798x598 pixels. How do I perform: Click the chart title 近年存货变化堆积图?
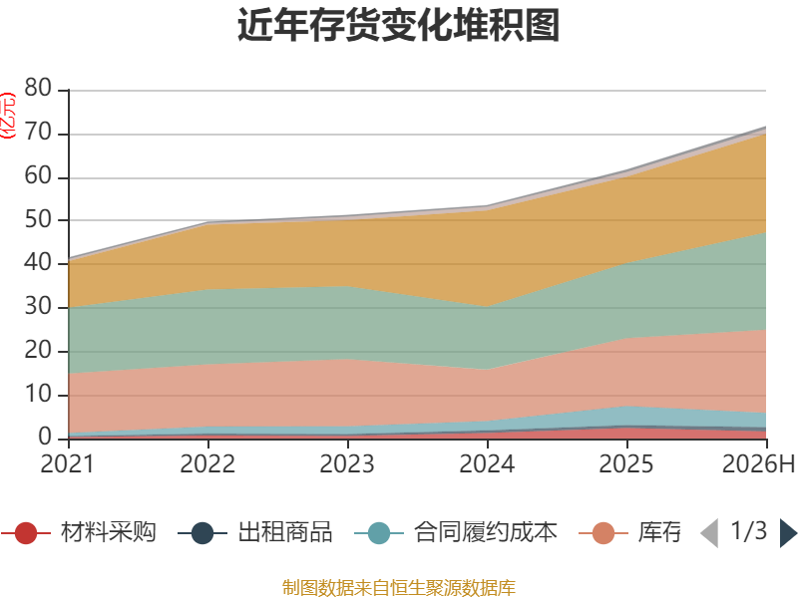coord(398,25)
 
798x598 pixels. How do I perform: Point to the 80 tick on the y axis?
coord(38,88)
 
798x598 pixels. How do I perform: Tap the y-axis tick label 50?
coord(38,219)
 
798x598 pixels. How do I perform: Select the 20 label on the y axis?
coord(38,351)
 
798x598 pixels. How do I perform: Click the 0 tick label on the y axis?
coord(45,438)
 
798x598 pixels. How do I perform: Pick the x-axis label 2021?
coord(67,463)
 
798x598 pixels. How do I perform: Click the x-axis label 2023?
coord(346,463)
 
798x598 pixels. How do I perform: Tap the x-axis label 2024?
coord(487,463)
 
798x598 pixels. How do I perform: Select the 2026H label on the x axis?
coord(758,463)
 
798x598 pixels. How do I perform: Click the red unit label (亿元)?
coord(8,116)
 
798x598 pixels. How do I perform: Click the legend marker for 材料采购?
coord(26,533)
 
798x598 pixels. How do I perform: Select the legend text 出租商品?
coord(285,532)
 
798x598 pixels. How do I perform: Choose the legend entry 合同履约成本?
coord(456,532)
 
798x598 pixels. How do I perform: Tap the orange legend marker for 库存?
coord(603,533)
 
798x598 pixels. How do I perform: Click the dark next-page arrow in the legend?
coord(788,533)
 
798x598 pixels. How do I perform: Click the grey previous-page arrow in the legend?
coord(709,533)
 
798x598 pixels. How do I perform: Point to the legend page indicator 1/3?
coord(749,531)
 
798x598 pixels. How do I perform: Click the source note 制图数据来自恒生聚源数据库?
coord(399,588)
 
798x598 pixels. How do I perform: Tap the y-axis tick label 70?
coord(38,133)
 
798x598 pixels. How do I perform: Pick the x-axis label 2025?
coord(626,463)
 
